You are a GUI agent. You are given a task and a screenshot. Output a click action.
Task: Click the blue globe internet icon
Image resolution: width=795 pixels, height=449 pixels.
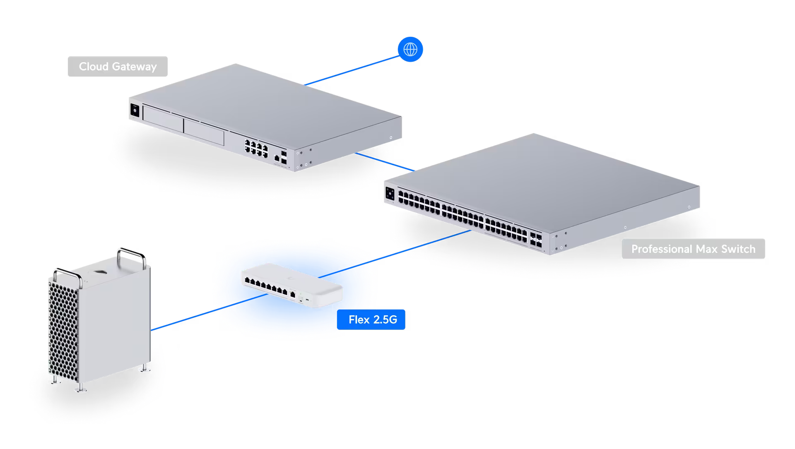(x=410, y=50)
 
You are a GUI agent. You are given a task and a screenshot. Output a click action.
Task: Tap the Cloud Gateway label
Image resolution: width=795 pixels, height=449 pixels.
(x=118, y=67)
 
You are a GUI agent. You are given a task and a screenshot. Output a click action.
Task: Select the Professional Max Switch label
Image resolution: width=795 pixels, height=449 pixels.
(x=693, y=249)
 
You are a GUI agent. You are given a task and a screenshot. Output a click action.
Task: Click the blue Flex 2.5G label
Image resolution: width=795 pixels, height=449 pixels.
(x=372, y=319)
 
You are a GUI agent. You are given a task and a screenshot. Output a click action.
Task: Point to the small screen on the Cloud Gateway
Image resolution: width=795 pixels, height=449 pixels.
(x=135, y=110)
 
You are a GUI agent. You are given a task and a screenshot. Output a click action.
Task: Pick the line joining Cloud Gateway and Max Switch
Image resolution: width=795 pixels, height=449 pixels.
(x=385, y=162)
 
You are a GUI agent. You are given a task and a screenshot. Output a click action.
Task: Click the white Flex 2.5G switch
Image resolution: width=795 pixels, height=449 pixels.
(x=292, y=286)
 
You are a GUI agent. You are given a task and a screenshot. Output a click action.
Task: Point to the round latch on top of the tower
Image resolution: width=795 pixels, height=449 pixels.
(x=99, y=272)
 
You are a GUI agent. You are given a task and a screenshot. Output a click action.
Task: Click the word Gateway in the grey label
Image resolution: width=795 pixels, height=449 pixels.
(x=135, y=67)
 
